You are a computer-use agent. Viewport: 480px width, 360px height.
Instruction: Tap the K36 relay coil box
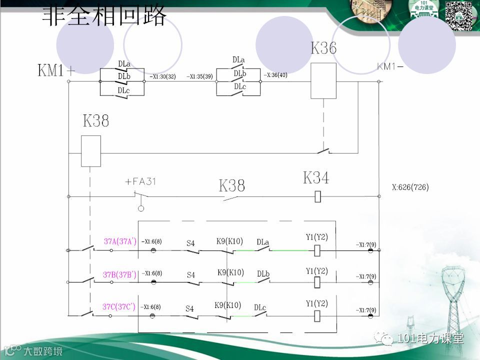point(323,81)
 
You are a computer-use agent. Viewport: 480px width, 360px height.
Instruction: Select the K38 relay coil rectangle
point(91,151)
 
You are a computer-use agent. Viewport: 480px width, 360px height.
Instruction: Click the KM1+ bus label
point(56,70)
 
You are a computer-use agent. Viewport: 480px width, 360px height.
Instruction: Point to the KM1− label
point(390,66)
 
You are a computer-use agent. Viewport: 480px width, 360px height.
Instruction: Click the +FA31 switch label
point(140,181)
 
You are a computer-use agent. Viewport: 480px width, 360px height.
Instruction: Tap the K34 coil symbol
point(317,196)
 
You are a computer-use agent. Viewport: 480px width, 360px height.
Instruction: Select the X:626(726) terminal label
point(410,188)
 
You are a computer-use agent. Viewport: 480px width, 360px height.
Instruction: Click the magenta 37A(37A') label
point(120,241)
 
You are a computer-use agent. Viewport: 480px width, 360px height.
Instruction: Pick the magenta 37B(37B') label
point(119,274)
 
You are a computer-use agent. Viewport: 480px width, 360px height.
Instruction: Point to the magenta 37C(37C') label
point(119,306)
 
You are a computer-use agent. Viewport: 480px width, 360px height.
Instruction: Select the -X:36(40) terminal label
point(275,75)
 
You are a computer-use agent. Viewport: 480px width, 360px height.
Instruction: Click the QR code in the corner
point(459,15)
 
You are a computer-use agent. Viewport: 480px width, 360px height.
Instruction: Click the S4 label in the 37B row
point(190,275)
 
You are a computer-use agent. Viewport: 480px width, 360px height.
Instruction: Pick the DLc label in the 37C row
point(260,307)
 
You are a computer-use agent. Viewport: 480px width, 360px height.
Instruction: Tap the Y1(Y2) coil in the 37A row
point(317,250)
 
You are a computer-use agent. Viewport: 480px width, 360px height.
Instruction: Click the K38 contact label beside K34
point(232,186)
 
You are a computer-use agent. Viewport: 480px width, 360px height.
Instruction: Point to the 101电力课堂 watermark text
point(430,338)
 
